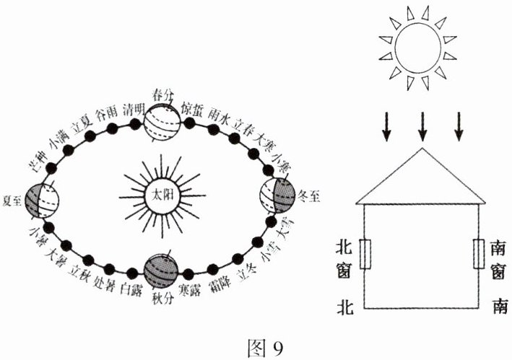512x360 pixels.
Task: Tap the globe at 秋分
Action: pyautogui.click(x=162, y=271)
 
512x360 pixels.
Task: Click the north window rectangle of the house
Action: pyautogui.click(x=365, y=254)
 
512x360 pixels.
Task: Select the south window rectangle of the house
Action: pyautogui.click(x=477, y=254)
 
